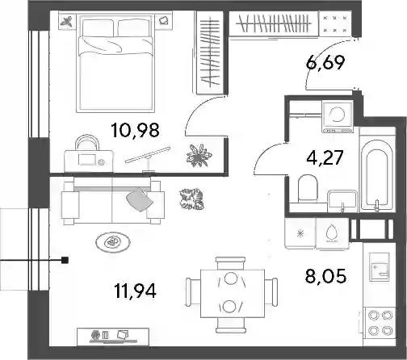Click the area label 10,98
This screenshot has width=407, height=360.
click(x=135, y=130)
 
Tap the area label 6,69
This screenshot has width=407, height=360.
click(x=325, y=62)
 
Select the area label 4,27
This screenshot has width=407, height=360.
click(x=325, y=157)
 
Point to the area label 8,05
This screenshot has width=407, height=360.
click(x=325, y=276)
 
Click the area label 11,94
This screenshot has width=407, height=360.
click(x=135, y=291)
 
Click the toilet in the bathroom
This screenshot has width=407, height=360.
click(x=308, y=188)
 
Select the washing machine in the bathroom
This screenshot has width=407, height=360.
click(x=338, y=117)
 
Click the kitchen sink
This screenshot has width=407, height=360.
click(x=379, y=267)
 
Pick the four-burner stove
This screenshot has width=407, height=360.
click(x=380, y=322)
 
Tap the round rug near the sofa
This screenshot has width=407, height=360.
click(x=113, y=242)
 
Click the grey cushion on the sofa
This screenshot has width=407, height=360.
click(x=140, y=199)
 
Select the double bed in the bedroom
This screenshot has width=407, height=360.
click(x=115, y=64)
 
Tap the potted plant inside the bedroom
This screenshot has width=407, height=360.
click(x=199, y=155)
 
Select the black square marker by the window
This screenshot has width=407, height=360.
click(x=65, y=260)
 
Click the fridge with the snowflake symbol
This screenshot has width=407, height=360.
click(x=300, y=233)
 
